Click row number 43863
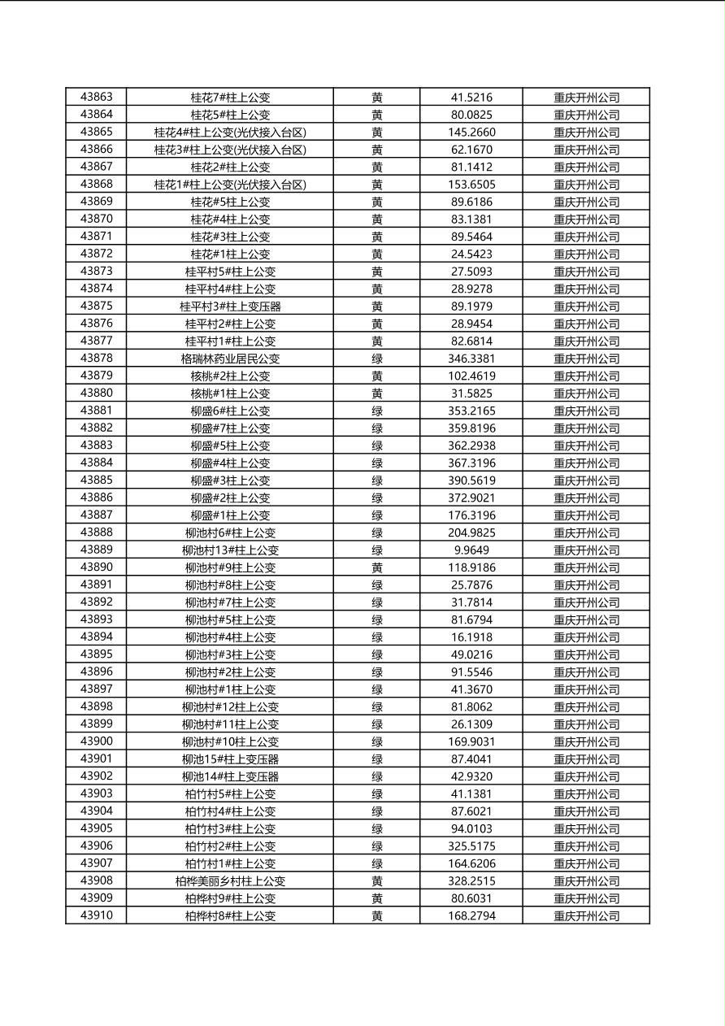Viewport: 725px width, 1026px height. coord(96,97)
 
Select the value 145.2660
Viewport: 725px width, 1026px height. coord(471,132)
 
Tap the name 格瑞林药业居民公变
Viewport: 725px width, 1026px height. coord(230,359)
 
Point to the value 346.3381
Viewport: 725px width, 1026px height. coord(471,359)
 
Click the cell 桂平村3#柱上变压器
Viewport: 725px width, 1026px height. coord(230,306)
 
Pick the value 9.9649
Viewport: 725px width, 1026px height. coord(471,550)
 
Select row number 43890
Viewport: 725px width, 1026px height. coord(96,567)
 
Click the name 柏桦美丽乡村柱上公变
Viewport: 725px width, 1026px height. coord(230,881)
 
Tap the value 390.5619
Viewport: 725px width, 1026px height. coord(471,480)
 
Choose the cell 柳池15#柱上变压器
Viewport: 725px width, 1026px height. coord(230,759)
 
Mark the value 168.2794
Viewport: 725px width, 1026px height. coord(471,916)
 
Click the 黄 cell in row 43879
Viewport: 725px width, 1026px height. coord(377,376)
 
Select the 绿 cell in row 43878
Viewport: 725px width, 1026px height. coord(377,359)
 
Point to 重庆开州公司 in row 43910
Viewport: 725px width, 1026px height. coord(586,916)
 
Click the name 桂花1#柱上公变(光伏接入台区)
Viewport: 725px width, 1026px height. coord(230,185)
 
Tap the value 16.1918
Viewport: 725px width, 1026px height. coord(471,637)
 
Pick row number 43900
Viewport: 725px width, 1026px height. coord(96,741)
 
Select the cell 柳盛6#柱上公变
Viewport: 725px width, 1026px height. coord(230,411)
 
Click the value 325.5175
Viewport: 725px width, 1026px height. coord(471,846)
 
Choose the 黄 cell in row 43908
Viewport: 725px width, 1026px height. coord(377,881)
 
